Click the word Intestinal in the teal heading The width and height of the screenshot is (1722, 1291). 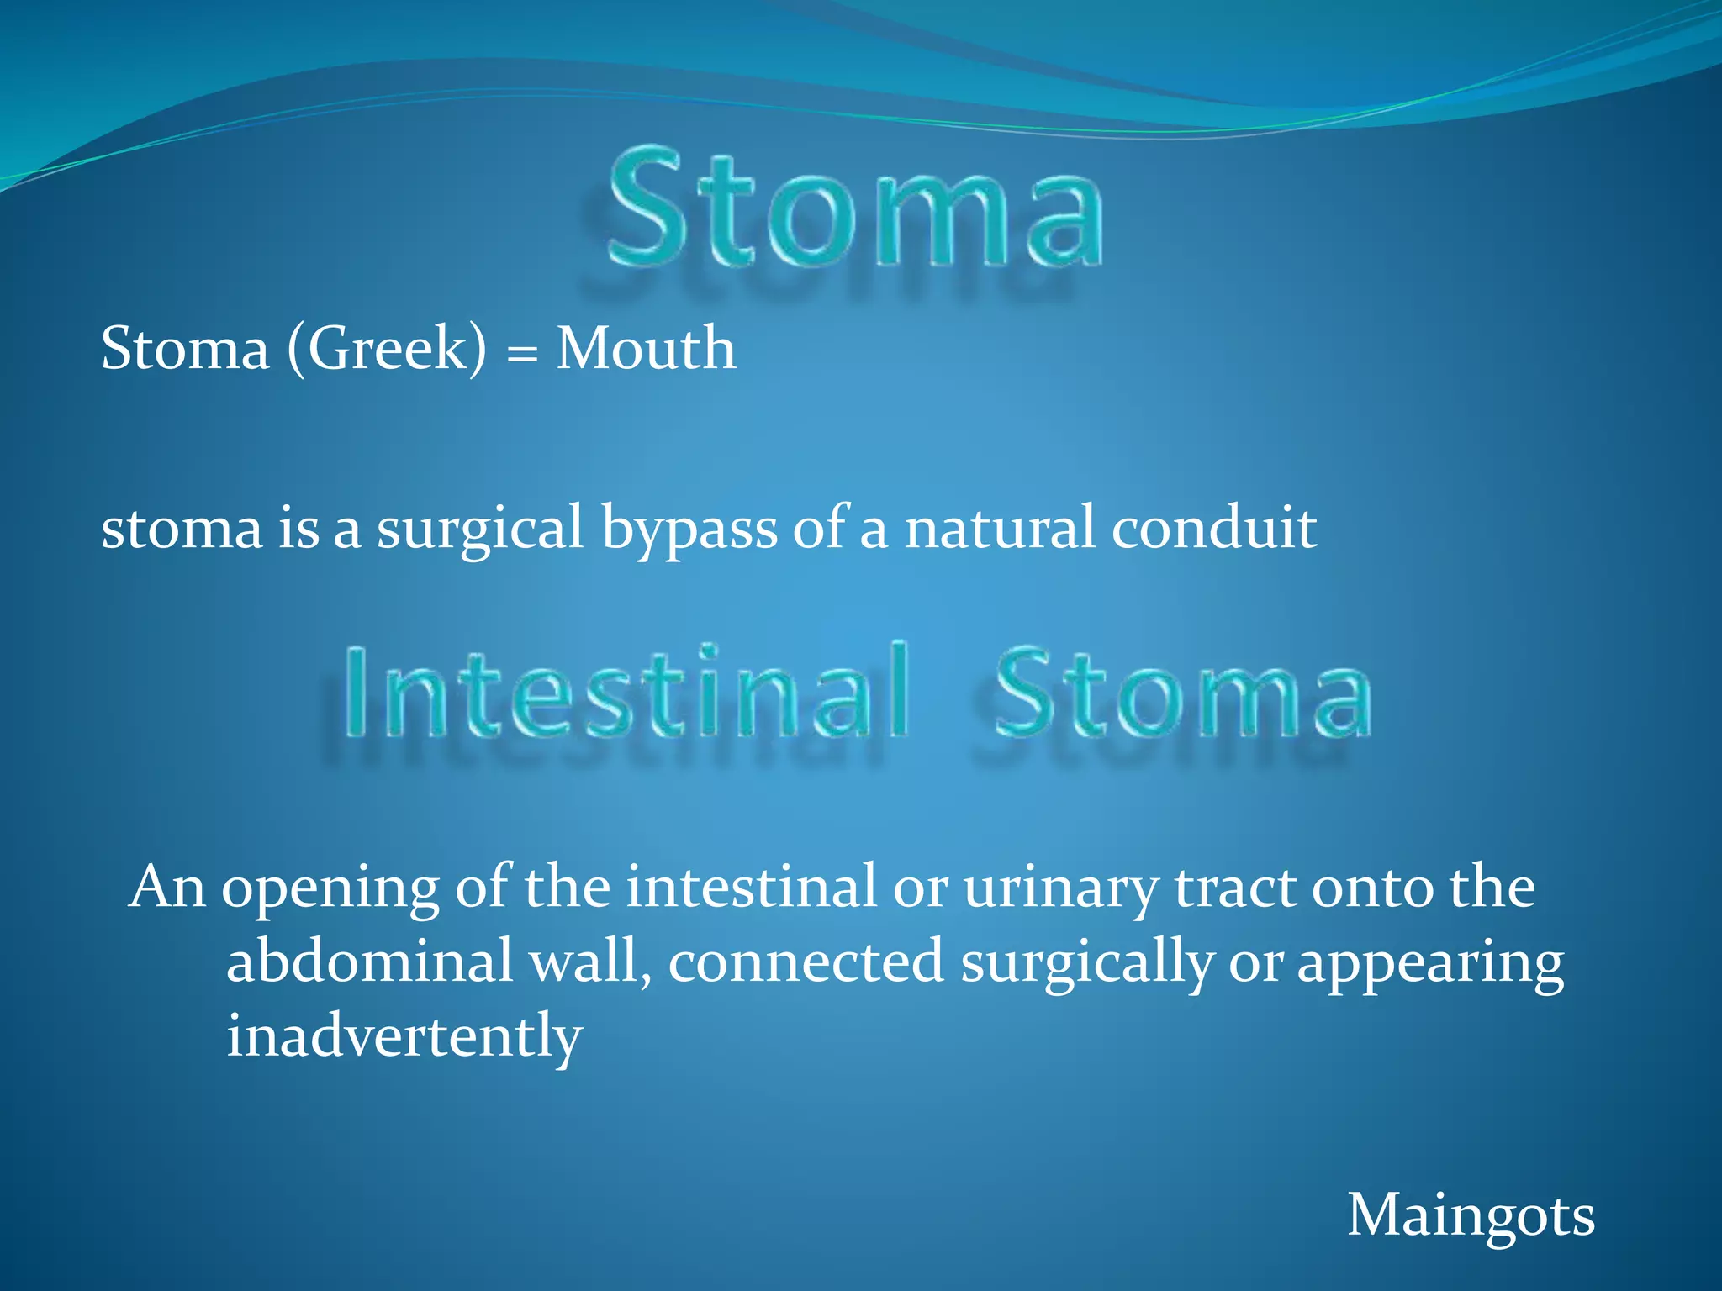tap(626, 693)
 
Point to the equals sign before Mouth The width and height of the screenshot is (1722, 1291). tap(521, 353)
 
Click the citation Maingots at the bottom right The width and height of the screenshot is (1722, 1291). tap(1471, 1216)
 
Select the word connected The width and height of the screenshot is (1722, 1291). tap(806, 962)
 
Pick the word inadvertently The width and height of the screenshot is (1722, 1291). tap(404, 1036)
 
